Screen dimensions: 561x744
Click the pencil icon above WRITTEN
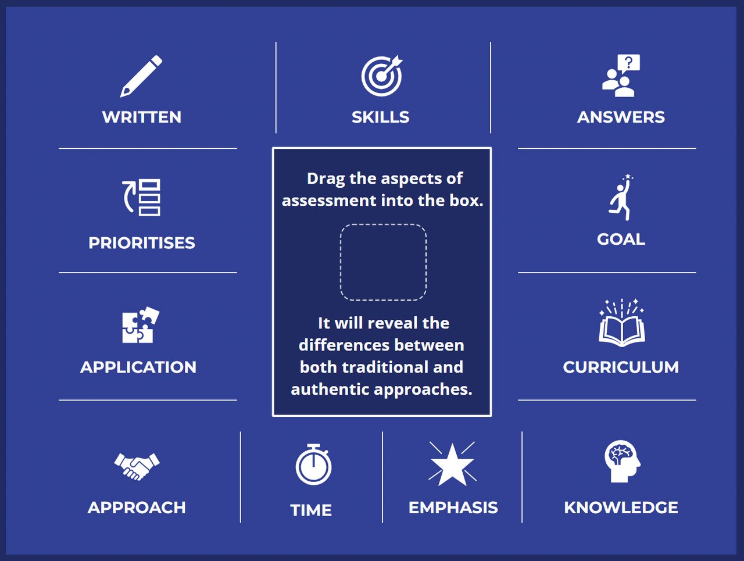tap(141, 76)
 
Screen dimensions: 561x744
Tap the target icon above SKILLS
tap(381, 76)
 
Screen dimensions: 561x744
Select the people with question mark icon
tap(621, 76)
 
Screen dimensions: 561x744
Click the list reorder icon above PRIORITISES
tap(141, 198)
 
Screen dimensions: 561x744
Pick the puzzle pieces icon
tap(140, 325)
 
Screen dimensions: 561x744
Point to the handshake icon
tap(137, 466)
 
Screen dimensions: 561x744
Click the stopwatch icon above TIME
tap(313, 464)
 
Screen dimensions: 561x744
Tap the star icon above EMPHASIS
tap(452, 464)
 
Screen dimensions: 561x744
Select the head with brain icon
tap(622, 461)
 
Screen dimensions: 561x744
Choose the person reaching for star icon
tap(621, 198)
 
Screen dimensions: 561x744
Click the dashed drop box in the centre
tap(383, 262)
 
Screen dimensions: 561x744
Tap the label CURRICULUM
tap(621, 367)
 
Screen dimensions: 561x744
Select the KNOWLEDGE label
tap(621, 508)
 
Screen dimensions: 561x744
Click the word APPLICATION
tap(138, 367)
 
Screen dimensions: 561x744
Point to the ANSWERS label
tap(621, 117)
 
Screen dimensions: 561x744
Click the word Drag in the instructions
tap(325, 178)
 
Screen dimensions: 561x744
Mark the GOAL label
tap(621, 240)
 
